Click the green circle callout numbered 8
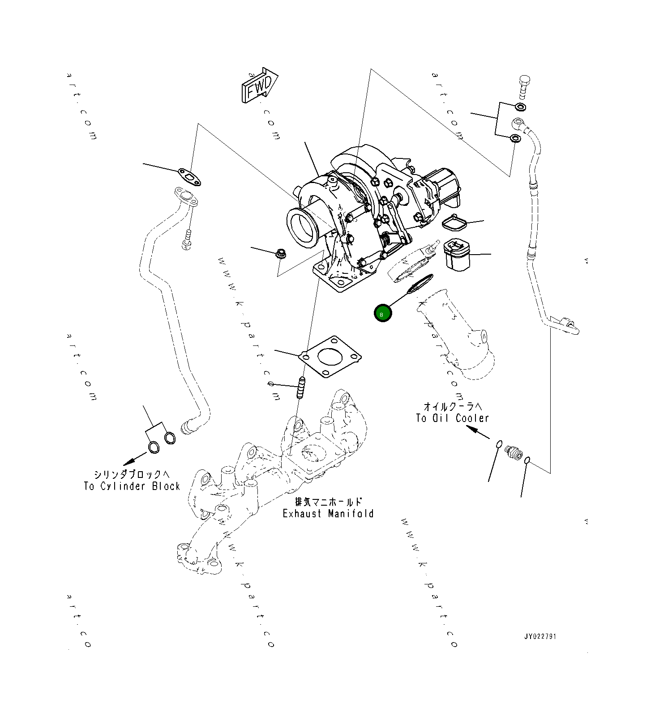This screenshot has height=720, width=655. point(383,313)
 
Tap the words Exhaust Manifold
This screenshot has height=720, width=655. point(328,513)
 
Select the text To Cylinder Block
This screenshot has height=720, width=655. point(132,486)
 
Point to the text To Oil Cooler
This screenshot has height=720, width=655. point(452,418)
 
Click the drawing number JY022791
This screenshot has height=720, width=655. point(540,636)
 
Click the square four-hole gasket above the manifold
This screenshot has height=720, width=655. point(331,357)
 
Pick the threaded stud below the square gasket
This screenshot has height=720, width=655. point(301,387)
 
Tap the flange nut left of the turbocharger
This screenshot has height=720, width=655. point(281,254)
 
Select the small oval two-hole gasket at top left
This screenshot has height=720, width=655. point(189,176)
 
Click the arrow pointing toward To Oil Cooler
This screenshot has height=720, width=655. point(477,432)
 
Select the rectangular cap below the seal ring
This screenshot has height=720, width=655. point(457,255)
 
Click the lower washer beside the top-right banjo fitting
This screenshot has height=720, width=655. point(515,138)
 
